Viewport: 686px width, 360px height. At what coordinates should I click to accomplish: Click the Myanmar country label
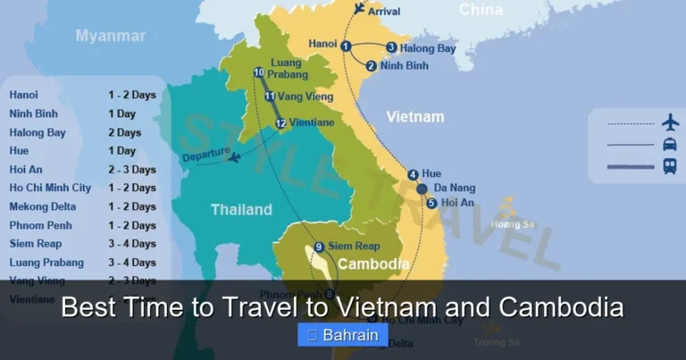[x=110, y=36]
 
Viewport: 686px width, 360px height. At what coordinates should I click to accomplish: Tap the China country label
[x=481, y=10]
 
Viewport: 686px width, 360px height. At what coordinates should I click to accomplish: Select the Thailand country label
[x=241, y=210]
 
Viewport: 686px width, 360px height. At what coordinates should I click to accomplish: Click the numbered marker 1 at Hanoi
[x=346, y=46]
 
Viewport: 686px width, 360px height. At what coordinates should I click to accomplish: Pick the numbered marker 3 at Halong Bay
[x=391, y=47]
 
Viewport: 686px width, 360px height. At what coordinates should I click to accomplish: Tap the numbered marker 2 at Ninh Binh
[x=371, y=65]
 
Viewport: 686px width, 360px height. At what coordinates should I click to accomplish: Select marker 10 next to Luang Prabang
[x=259, y=73]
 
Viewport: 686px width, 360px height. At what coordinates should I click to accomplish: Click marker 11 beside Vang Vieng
[x=270, y=96]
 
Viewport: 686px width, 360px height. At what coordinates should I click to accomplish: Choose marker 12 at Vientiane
[x=280, y=123]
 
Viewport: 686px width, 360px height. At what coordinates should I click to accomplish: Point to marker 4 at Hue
[x=413, y=174]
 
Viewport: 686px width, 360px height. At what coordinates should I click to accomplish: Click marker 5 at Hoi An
[x=431, y=203]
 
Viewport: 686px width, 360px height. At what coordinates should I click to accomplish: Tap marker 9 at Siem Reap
[x=319, y=247]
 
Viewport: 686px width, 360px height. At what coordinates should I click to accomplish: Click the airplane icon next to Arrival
[x=359, y=9]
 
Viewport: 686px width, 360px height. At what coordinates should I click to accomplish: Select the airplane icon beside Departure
[x=234, y=158]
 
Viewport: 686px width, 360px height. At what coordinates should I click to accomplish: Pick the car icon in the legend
[x=669, y=144]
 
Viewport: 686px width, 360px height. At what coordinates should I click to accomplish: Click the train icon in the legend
[x=669, y=165]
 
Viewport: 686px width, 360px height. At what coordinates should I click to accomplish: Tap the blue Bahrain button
[x=343, y=336]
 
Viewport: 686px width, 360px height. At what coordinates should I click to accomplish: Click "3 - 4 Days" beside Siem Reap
[x=131, y=244]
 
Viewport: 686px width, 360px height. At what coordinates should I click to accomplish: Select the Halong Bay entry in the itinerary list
[x=38, y=132]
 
